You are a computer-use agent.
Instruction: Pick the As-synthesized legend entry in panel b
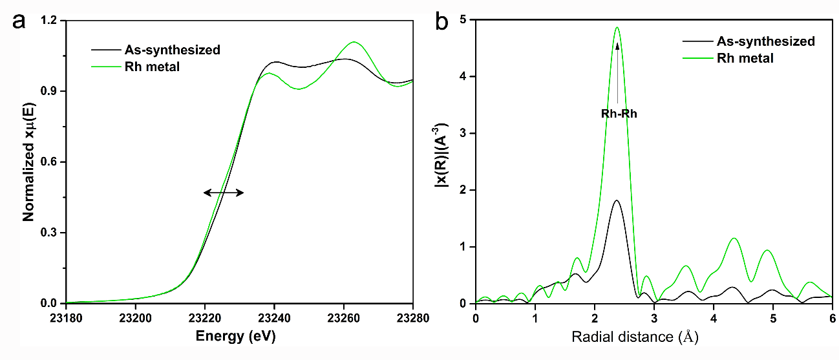(765, 41)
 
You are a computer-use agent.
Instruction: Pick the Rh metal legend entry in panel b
(745, 58)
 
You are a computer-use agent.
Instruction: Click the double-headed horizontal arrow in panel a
(224, 192)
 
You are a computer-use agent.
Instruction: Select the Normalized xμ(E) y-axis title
(29, 162)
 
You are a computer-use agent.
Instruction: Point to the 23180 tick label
(66, 317)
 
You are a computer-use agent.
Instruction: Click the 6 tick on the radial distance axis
(833, 317)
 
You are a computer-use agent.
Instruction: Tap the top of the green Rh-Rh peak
(617, 27)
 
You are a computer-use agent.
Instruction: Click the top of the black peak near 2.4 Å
(617, 200)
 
